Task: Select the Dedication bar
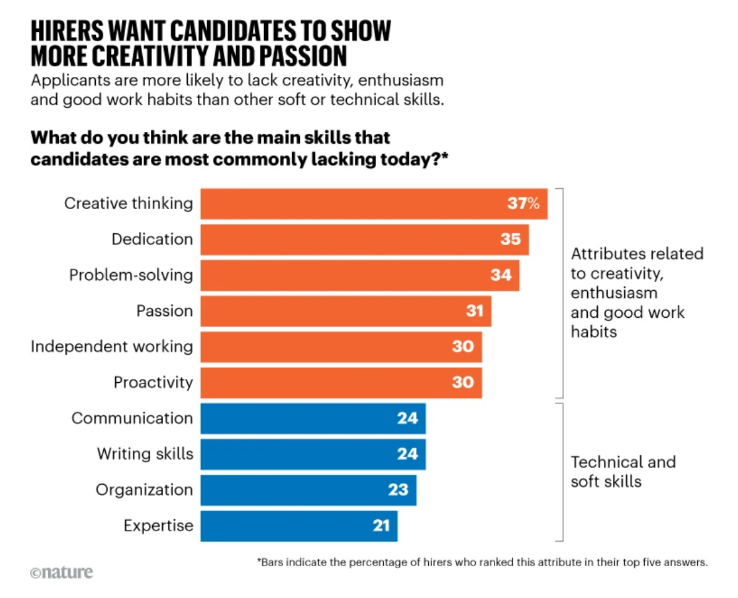tap(364, 240)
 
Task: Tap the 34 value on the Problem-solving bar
tap(501, 275)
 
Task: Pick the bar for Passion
tap(346, 311)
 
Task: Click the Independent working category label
tap(111, 346)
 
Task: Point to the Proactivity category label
tap(153, 382)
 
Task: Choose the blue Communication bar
tap(313, 418)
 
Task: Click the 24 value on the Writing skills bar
tap(407, 454)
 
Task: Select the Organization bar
tap(308, 489)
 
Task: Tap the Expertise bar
tap(299, 525)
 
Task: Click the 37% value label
tap(523, 204)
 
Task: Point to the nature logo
tap(61, 572)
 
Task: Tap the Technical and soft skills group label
tap(623, 471)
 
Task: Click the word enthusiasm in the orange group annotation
tap(614, 292)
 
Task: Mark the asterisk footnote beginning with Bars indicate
tap(482, 562)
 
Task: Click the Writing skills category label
tap(145, 454)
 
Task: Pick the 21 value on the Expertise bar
tap(381, 525)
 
